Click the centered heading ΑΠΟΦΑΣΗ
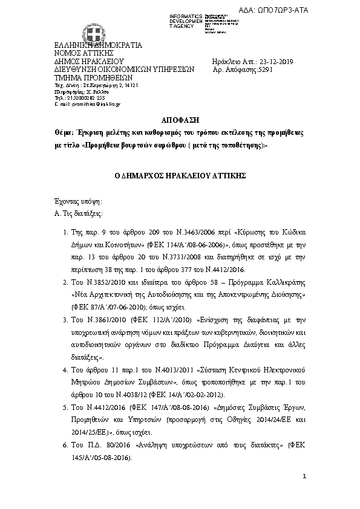pyautogui.click(x=180, y=120)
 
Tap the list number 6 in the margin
pyautogui.click(x=65, y=444)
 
